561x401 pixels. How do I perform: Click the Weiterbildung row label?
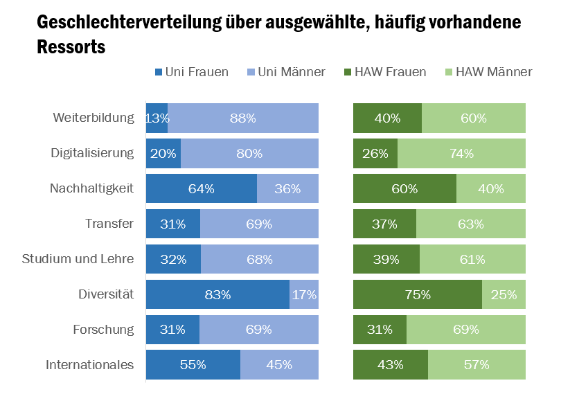click(93, 118)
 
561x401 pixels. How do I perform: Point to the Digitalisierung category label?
click(92, 153)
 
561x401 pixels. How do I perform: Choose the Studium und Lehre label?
click(78, 259)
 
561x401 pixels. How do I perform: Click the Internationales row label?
click(89, 364)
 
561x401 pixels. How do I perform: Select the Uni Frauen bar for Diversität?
click(217, 294)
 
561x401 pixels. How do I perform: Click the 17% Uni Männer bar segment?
click(304, 294)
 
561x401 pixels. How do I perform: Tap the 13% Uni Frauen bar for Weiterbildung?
click(157, 118)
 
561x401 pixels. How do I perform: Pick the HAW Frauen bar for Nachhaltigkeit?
click(404, 188)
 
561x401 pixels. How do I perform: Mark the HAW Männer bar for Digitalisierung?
click(461, 153)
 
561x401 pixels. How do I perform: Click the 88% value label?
click(243, 118)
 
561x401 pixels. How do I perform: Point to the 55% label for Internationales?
click(193, 364)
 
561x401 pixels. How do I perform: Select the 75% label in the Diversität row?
click(418, 294)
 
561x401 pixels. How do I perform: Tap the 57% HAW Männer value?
click(477, 364)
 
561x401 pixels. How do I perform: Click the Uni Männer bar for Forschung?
click(259, 330)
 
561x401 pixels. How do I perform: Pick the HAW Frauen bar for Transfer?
click(384, 224)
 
